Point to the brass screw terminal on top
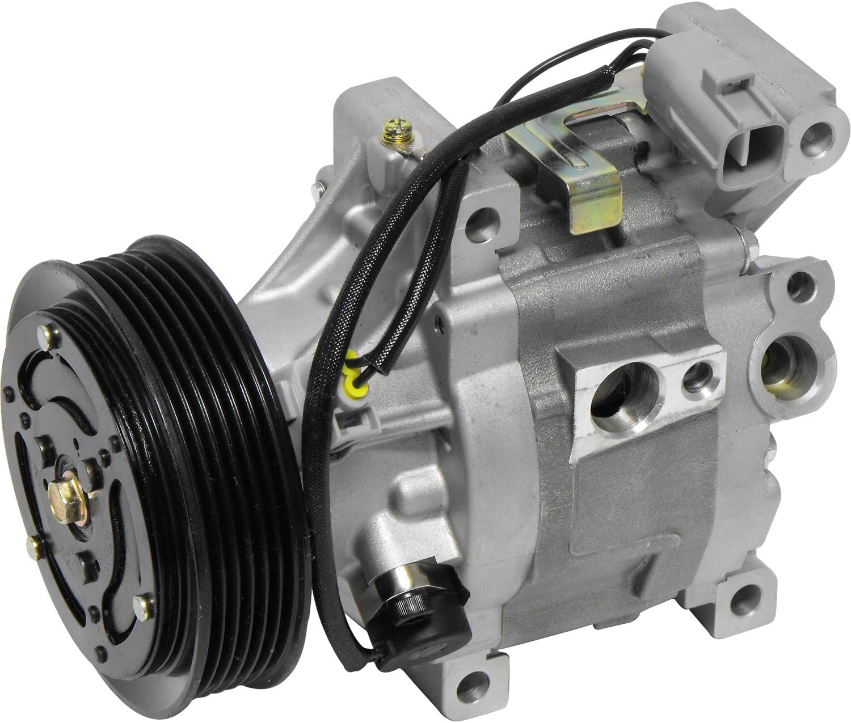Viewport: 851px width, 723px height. coord(391,137)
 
